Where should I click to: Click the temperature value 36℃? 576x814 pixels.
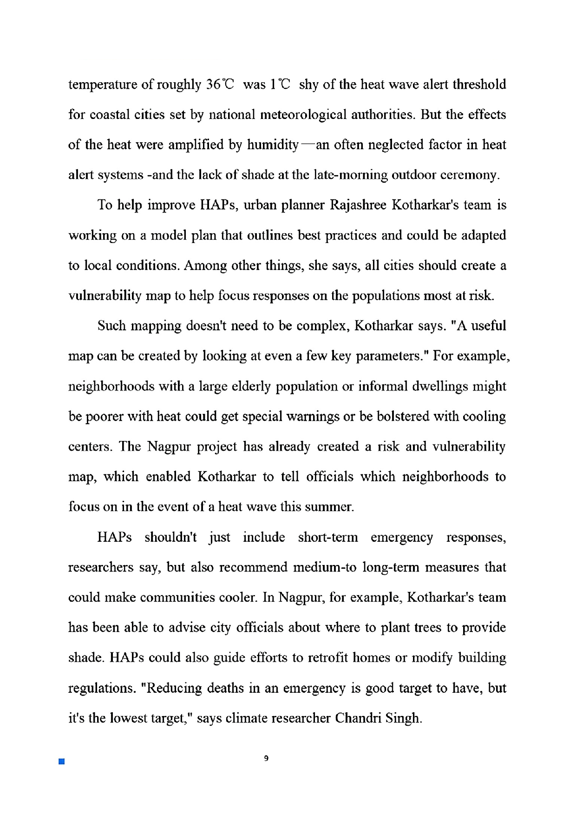[221, 85]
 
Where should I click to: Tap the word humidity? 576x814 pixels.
[273, 145]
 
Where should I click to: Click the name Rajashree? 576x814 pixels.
[358, 205]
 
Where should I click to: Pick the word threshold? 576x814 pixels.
[479, 85]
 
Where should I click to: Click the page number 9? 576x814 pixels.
[266, 759]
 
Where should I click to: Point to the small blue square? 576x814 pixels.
[61, 761]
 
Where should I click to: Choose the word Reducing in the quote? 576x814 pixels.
[174, 688]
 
